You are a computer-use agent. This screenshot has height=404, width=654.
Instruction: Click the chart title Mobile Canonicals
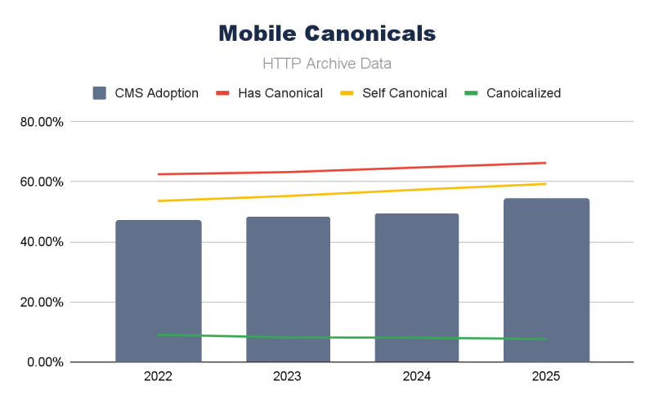[327, 34]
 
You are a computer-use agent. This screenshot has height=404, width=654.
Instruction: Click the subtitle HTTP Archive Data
[327, 63]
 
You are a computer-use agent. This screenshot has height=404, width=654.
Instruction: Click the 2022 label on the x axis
[159, 377]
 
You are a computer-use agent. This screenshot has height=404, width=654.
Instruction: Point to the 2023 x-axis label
[288, 377]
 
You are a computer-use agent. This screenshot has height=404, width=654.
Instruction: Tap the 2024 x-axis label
[417, 377]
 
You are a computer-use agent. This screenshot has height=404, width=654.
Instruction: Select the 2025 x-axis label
[546, 377]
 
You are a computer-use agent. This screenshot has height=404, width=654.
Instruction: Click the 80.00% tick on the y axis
[41, 122]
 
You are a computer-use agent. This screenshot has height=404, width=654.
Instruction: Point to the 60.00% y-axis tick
[41, 182]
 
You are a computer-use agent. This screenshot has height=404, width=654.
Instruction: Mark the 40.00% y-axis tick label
[41, 242]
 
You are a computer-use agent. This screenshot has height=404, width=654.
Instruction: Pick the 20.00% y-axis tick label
[41, 302]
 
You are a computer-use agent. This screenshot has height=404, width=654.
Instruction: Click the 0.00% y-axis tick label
[44, 361]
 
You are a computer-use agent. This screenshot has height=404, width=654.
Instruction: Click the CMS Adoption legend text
[155, 93]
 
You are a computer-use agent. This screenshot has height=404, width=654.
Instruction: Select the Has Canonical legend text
[280, 93]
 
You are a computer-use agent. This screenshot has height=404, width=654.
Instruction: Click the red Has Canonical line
[352, 169]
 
